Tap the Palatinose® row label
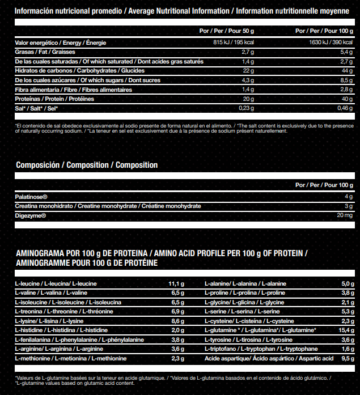coord(32,197)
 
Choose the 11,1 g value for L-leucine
coord(176,283)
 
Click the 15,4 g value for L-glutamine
coord(346,330)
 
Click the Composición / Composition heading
coord(87,165)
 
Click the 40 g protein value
coord(348,99)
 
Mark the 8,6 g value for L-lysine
coord(177,321)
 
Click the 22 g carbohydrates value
coord(247,71)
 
